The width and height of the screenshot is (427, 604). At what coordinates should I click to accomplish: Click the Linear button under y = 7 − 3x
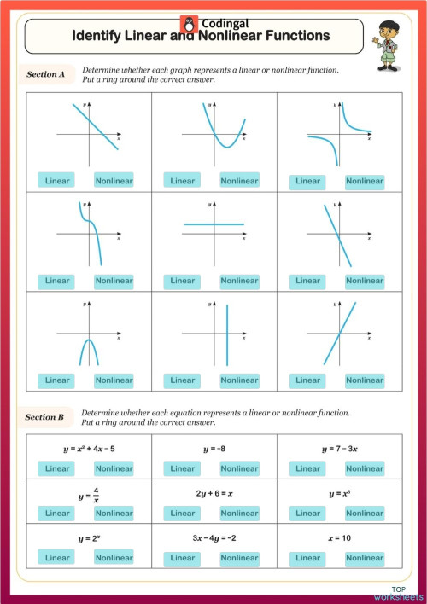tap(307, 468)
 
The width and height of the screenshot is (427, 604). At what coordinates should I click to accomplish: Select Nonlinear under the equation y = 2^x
tap(114, 558)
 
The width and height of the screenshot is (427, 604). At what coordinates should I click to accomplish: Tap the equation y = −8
tap(215, 449)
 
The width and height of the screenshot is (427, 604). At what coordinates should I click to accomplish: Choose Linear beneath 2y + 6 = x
tap(183, 514)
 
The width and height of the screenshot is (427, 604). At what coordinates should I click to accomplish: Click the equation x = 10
tap(340, 538)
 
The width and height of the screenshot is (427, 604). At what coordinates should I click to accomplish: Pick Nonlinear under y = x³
tap(365, 514)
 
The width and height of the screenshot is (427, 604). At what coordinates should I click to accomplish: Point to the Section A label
tap(46, 75)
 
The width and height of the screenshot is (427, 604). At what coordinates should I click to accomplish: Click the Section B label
tap(46, 417)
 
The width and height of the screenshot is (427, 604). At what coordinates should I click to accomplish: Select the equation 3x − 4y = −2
tap(214, 538)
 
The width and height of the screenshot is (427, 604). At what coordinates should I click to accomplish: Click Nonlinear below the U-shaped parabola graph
tap(239, 181)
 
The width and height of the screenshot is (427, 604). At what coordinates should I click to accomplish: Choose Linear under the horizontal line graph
tap(183, 281)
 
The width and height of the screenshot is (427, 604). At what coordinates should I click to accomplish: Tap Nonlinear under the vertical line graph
tap(239, 380)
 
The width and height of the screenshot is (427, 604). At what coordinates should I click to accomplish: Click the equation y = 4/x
tap(91, 493)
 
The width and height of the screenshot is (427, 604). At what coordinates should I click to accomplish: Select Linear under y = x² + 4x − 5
tap(57, 468)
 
